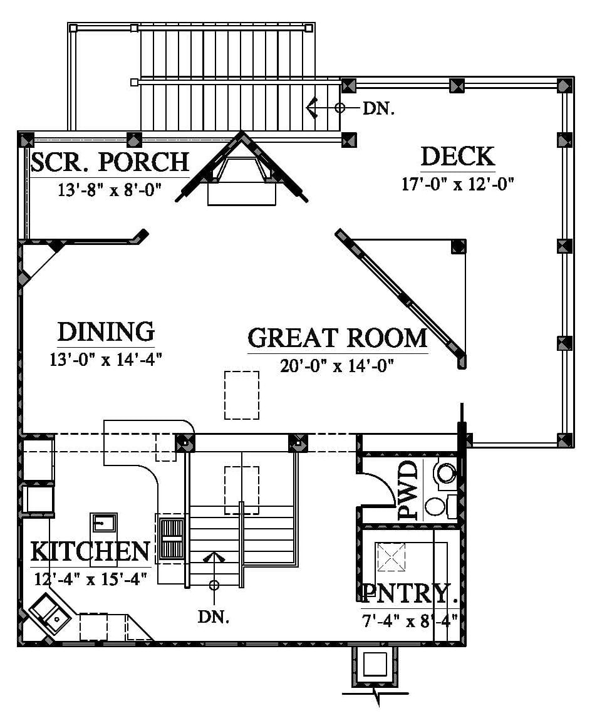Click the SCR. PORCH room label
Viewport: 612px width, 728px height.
point(110,162)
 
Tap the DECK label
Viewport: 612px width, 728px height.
point(457,157)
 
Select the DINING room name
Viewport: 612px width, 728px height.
point(106,332)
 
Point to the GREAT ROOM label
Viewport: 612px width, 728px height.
point(337,338)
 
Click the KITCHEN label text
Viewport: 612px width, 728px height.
point(90,551)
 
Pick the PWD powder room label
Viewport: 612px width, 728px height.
point(408,490)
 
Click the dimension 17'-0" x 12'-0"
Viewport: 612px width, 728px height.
point(457,184)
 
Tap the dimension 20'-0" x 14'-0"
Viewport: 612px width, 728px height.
point(337,367)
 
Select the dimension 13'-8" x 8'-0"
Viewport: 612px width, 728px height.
point(110,190)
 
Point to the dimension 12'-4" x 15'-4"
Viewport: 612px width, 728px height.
point(91,579)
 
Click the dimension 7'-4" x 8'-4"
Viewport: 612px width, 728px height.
point(410,621)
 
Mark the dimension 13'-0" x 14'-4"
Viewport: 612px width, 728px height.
point(106,360)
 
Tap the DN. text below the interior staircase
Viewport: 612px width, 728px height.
point(214,617)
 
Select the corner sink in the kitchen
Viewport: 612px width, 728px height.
point(50,613)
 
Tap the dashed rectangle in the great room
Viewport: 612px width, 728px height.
point(242,395)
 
